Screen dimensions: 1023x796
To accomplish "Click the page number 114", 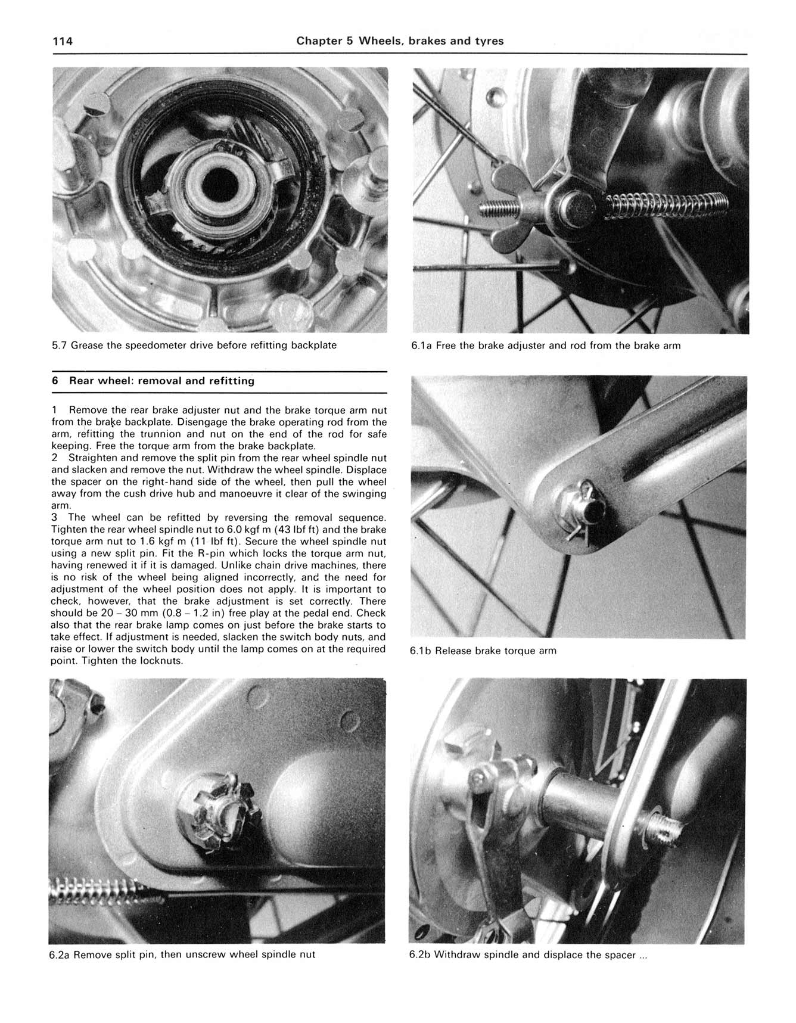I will [x=63, y=41].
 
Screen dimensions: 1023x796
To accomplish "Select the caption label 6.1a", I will [x=421, y=346].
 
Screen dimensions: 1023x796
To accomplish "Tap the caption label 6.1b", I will [x=421, y=651].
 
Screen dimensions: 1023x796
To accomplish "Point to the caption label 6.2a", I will [x=60, y=954].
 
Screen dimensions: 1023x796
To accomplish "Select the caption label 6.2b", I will [x=420, y=954].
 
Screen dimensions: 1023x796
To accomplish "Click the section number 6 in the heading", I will [x=55, y=381].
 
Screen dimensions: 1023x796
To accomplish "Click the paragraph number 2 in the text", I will [x=54, y=458].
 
